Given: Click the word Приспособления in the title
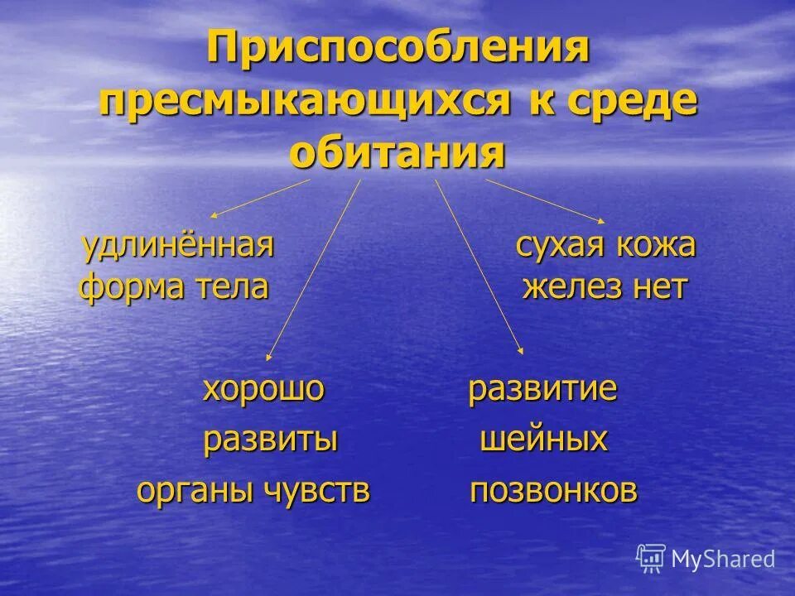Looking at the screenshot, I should click(397, 52).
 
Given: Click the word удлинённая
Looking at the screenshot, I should click(177, 245).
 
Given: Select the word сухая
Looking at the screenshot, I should click(560, 245).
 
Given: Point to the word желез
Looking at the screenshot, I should click(570, 287).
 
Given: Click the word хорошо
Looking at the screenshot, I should click(263, 389).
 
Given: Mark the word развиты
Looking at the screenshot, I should click(270, 440).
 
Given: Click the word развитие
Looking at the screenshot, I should click(542, 389).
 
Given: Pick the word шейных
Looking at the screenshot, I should click(544, 440).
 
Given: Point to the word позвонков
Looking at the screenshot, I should click(553, 491).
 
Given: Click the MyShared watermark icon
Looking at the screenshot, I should click(652, 558).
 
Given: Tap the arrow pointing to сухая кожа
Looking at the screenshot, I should click(546, 200).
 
